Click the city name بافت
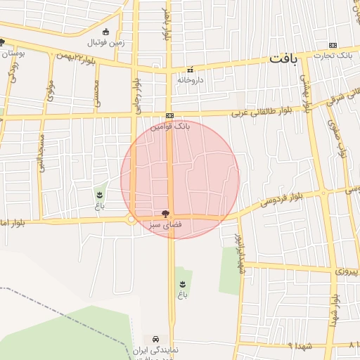(283, 59)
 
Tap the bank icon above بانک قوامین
(169, 115)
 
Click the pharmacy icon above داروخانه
(190, 70)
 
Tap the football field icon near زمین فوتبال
(105, 32)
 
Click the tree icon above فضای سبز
(165, 213)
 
